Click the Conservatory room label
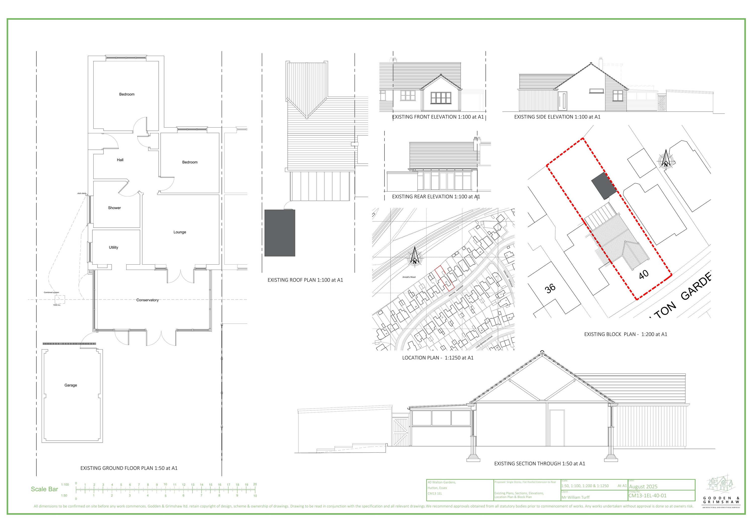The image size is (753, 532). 147,300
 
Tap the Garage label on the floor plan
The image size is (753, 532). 71,385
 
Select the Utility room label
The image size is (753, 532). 113,247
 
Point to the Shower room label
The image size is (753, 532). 114,208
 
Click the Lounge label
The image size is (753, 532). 180,232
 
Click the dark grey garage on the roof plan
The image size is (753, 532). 280,233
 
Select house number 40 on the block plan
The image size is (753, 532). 644,274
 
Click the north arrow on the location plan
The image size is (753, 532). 415,256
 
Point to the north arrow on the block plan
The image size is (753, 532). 666,159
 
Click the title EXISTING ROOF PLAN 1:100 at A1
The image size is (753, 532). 305,280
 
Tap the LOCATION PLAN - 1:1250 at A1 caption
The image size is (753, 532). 438,358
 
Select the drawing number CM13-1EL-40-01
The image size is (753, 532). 647,496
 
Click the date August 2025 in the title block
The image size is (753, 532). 643,487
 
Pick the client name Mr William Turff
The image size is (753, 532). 575,497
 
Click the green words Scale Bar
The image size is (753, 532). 44,489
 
